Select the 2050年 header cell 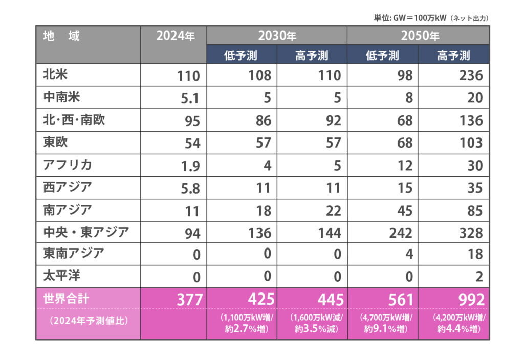[x=418, y=36]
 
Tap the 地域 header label [x=61, y=36]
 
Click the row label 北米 [x=56, y=75]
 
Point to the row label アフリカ [x=68, y=165]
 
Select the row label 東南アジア [x=74, y=253]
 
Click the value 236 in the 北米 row [x=471, y=75]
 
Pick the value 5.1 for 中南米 [x=190, y=98]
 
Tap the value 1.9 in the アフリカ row [x=190, y=165]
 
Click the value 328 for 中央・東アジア [x=471, y=233]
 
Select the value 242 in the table [x=400, y=233]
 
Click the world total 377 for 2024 [x=189, y=299]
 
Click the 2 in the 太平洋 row [x=478, y=278]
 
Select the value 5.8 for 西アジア [x=190, y=188]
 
